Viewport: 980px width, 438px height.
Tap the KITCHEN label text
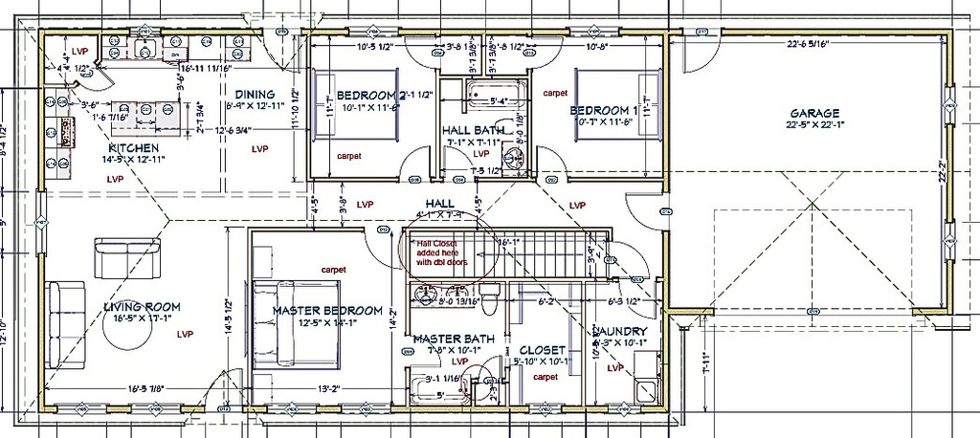[x=133, y=148]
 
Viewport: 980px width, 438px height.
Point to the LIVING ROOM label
[x=143, y=307]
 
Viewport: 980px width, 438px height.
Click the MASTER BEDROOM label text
[x=327, y=311]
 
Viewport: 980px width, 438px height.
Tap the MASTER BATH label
[x=454, y=339]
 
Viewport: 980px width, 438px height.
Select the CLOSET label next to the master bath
[x=542, y=350]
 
